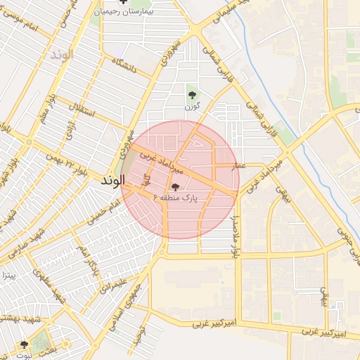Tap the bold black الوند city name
click(112, 181)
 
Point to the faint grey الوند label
click(62, 55)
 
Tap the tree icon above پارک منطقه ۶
click(175, 187)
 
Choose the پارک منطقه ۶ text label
click(180, 199)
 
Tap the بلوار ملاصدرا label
click(235, 232)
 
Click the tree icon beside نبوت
click(25, 345)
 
